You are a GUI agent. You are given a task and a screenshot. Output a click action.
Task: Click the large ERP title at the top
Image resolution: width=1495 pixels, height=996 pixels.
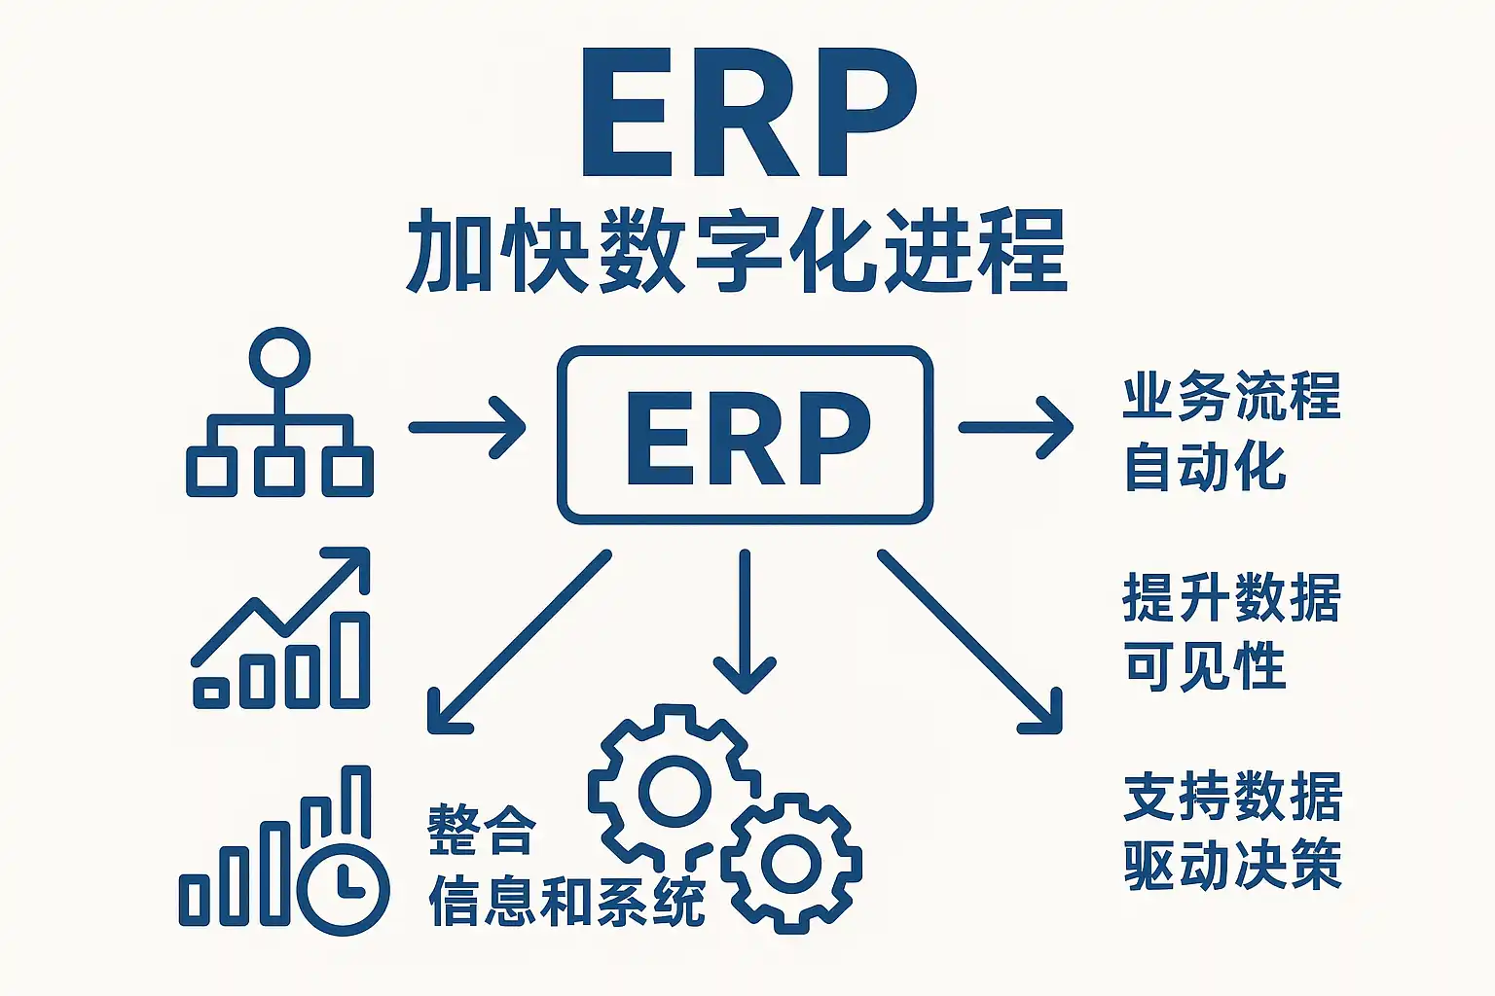749,112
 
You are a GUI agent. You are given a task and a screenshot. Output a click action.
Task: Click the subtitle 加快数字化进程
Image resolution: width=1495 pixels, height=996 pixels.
737,251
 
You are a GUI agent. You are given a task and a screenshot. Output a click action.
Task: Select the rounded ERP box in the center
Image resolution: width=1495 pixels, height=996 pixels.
745,348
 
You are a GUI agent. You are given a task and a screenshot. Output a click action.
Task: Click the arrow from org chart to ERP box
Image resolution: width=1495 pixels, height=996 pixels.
467,428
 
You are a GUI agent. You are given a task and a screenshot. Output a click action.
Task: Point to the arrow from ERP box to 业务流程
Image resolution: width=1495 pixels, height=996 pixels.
1016,428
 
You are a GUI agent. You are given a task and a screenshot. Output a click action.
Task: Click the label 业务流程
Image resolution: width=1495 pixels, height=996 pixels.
1232,397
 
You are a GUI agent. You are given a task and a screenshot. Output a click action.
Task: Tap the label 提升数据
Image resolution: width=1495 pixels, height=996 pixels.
1232,597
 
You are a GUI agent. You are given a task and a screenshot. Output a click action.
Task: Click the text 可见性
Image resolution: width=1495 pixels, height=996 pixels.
1205,666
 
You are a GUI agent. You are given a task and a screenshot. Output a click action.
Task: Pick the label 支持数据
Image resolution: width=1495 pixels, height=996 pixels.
1233,797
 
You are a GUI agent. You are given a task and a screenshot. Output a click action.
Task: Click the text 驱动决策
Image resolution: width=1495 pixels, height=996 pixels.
1233,866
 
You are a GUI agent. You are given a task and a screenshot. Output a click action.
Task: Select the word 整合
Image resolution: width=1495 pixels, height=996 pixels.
482,831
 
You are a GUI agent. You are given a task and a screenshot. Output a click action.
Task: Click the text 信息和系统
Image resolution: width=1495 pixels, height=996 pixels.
567,902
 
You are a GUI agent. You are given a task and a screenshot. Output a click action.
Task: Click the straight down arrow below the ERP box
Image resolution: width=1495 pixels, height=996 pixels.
745,622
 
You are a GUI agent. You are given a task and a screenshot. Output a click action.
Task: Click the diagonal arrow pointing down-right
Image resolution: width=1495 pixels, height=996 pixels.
969,642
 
